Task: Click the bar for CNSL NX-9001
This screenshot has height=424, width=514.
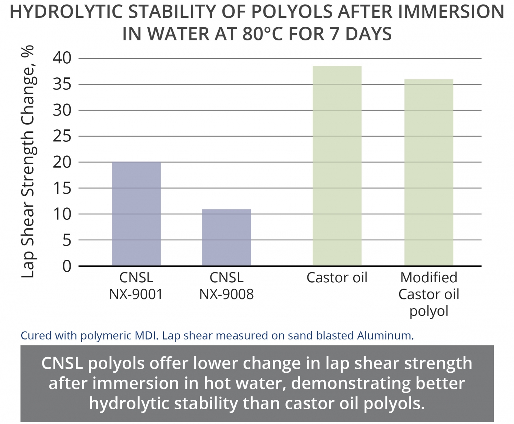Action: pos(136,214)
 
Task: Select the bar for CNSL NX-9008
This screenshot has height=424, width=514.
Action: pos(226,237)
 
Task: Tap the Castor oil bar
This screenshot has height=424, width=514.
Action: pos(337,166)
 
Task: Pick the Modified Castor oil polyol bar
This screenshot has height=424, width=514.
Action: pos(429,172)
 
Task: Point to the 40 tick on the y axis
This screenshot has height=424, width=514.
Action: pos(62,58)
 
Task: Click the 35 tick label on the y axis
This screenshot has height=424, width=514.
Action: pos(62,84)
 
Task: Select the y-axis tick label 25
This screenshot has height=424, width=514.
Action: pos(62,136)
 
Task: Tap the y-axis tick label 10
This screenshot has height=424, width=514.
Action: pos(62,214)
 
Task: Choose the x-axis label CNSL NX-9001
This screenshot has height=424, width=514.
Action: pos(136,286)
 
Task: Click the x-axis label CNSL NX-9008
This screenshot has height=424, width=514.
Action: pos(227,286)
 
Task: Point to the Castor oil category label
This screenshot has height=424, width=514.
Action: pos(337,278)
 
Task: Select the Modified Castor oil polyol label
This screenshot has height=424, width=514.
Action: pos(429,294)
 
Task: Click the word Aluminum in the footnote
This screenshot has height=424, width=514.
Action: pos(385,336)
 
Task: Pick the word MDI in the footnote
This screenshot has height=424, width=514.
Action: pos(148,336)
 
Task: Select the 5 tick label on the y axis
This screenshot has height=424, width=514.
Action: pos(66,240)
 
